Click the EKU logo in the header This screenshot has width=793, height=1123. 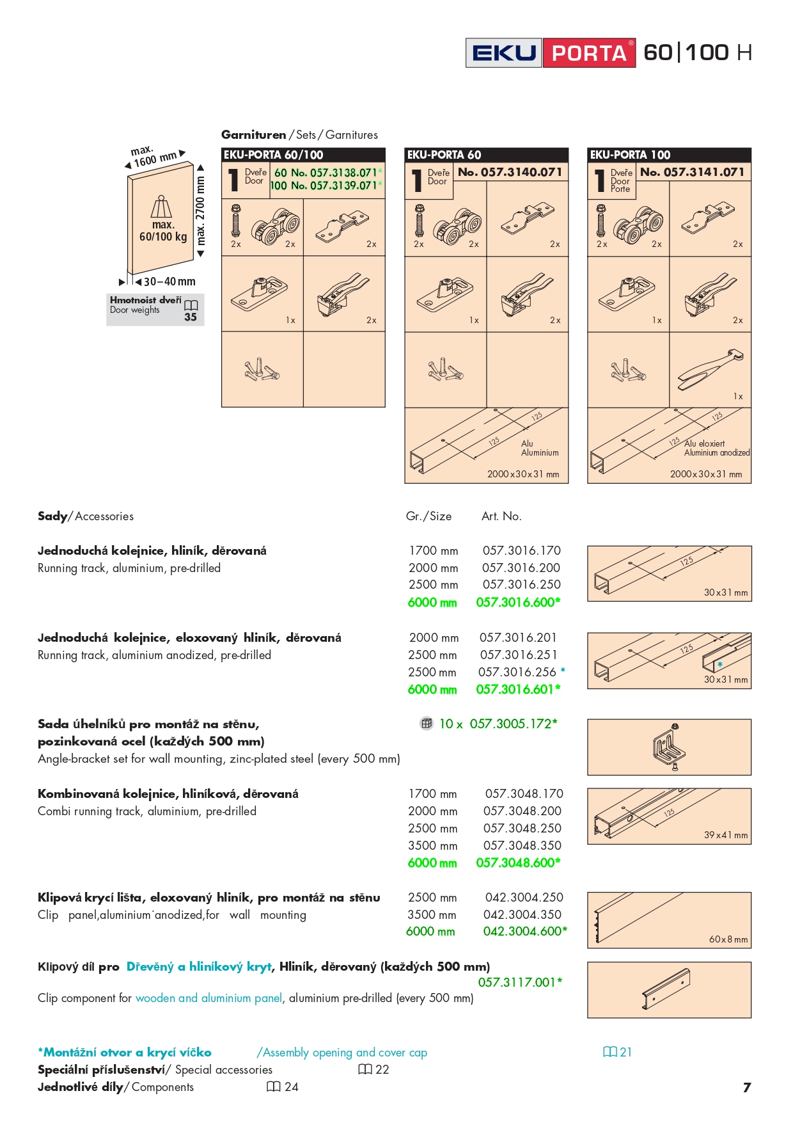(x=504, y=52)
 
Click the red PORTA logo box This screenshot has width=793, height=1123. (x=589, y=52)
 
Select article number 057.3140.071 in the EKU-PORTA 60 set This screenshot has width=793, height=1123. (x=510, y=172)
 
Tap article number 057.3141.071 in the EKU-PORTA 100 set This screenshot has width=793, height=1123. (x=692, y=172)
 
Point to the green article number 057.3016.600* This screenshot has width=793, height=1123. (x=518, y=602)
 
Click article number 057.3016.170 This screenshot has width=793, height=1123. (x=521, y=550)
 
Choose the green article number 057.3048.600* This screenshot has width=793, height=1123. (x=518, y=863)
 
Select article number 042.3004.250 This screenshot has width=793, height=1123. (x=524, y=897)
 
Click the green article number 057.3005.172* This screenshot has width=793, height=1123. (x=514, y=724)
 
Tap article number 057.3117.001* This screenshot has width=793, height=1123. (x=520, y=982)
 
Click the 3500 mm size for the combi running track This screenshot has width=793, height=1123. (x=432, y=845)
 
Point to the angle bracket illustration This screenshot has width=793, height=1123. (x=669, y=747)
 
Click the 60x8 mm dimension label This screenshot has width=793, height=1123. (x=728, y=939)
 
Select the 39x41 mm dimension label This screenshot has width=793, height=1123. (x=725, y=835)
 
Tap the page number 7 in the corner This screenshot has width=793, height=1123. (x=746, y=1087)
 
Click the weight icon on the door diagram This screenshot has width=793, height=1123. (x=161, y=207)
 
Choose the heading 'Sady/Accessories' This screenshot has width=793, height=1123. (x=86, y=516)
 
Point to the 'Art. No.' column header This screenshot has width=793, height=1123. (x=501, y=516)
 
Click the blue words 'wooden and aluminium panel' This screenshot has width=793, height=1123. (x=208, y=998)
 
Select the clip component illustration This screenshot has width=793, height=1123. (x=666, y=989)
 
